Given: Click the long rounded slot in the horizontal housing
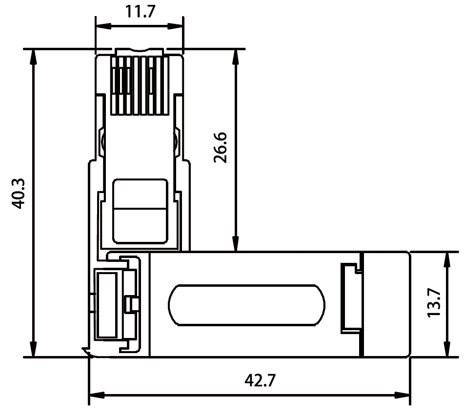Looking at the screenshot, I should [246, 304].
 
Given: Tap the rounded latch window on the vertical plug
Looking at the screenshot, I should [140, 211].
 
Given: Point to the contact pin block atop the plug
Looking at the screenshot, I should [140, 85].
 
